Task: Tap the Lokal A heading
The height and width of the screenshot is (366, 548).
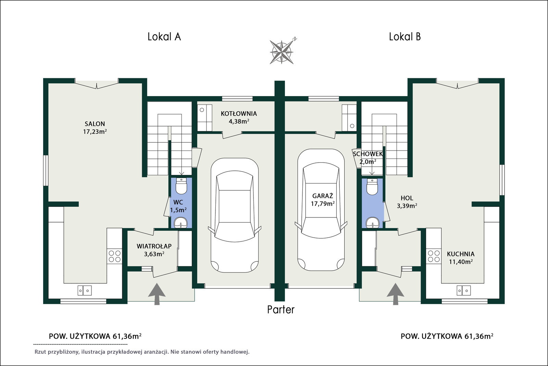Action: click(x=164, y=37)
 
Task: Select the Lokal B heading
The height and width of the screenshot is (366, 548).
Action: click(x=405, y=37)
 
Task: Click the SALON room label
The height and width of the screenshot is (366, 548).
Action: click(x=95, y=124)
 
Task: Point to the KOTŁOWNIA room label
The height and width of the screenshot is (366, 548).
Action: click(x=239, y=114)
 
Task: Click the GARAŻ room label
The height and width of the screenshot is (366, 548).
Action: click(x=323, y=196)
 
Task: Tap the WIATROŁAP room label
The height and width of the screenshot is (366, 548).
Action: click(x=154, y=246)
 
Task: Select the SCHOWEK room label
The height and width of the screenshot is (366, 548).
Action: click(x=368, y=154)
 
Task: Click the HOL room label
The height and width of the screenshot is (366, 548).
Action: click(x=407, y=198)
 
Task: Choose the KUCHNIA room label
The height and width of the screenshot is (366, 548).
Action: click(x=461, y=254)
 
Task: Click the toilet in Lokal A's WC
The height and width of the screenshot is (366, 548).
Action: click(x=181, y=186)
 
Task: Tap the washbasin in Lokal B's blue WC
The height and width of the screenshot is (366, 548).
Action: click(x=372, y=222)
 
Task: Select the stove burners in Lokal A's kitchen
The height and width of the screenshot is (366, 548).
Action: click(x=114, y=256)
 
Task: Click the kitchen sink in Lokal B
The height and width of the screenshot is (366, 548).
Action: click(x=464, y=291)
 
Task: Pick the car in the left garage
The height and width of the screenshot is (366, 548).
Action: click(x=234, y=215)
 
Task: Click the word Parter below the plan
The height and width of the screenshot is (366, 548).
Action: click(x=281, y=310)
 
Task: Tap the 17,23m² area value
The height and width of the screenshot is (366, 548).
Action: click(x=95, y=132)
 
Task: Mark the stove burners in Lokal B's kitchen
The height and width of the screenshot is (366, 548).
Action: click(x=434, y=256)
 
